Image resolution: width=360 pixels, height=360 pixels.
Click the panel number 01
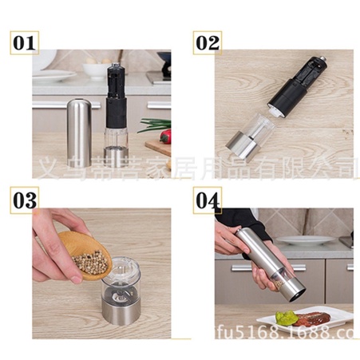tap(24, 42)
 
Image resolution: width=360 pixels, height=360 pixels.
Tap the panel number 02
tap(207, 42)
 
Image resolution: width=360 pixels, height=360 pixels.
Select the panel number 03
tap(24, 200)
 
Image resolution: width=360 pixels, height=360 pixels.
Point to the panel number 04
tap(208, 200)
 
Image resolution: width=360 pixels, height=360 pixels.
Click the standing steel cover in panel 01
tap(79, 132)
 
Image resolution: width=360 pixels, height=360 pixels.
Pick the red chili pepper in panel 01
tap(166, 136)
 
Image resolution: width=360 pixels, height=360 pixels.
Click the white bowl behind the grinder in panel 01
tap(95, 70)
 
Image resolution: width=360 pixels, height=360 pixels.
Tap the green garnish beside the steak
tap(287, 318)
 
